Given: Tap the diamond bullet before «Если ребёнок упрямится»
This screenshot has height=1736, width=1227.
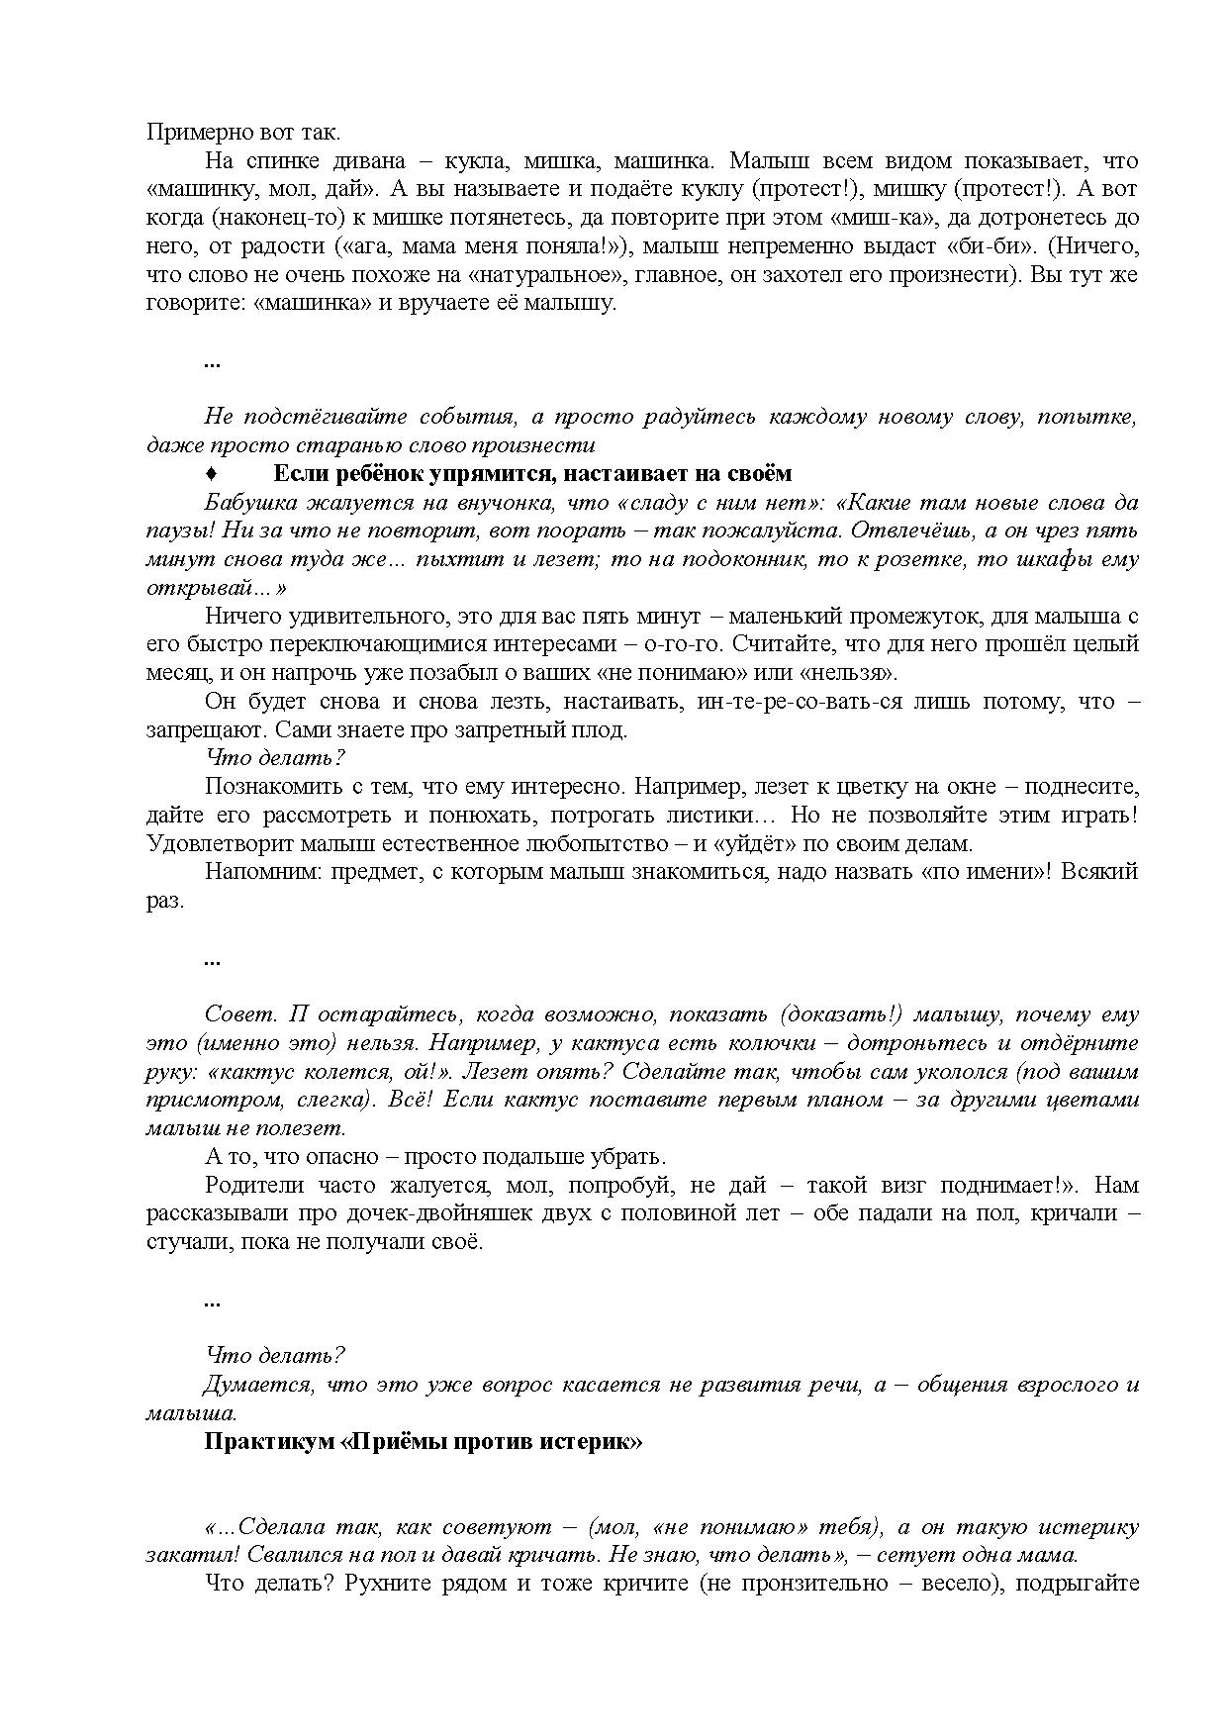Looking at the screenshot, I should [212, 473].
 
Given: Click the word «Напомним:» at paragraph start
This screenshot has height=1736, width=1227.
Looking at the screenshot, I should [252, 873].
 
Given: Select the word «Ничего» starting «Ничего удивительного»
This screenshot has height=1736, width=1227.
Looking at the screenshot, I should [242, 617].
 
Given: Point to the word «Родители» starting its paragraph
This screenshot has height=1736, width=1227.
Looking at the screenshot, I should [251, 1185].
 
